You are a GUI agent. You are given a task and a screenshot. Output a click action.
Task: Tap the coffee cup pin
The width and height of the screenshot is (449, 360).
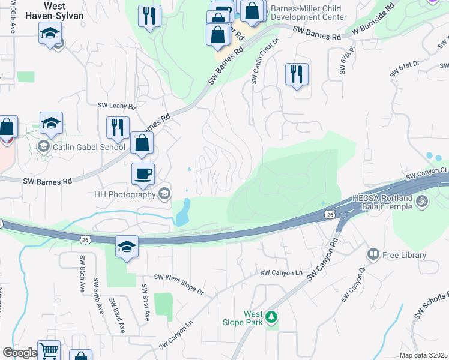pyautogui.click(x=143, y=174)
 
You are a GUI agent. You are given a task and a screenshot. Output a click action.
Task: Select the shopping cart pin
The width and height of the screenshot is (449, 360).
pyautogui.click(x=49, y=350)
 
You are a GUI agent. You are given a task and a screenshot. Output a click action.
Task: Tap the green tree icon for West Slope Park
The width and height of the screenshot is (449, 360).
pyautogui.click(x=272, y=316)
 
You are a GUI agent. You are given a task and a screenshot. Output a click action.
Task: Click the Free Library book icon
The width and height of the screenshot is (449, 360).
pyautogui.click(x=373, y=255)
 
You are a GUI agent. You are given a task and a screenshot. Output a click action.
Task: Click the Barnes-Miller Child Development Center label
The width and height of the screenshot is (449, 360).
pyautogui.click(x=309, y=13)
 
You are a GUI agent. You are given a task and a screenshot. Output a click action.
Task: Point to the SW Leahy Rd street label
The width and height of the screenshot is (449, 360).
pyautogui.click(x=117, y=106)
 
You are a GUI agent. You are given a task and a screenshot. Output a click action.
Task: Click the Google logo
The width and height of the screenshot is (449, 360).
pyautogui.click(x=19, y=353)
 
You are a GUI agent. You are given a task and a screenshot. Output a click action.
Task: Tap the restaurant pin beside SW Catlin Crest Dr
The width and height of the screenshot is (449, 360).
pyautogui.click(x=297, y=74)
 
